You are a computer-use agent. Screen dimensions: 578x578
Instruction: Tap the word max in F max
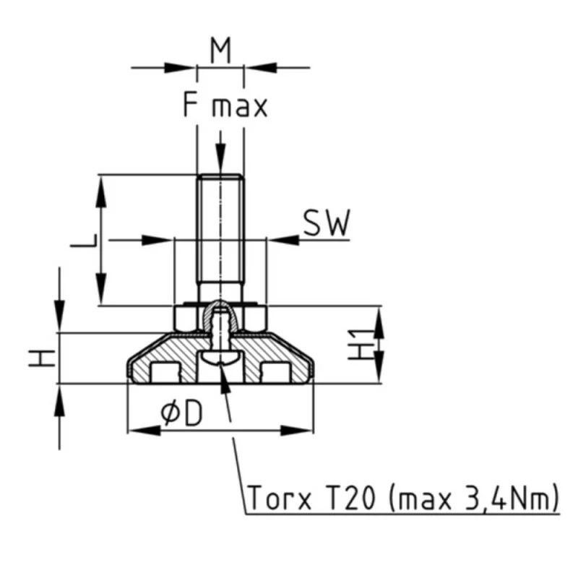(239, 107)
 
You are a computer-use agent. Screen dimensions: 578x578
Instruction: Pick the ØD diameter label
(181, 413)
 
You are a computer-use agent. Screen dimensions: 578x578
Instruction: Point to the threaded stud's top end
(220, 176)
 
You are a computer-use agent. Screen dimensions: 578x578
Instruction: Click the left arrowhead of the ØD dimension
(142, 431)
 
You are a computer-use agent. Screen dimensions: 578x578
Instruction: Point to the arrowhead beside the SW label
(283, 239)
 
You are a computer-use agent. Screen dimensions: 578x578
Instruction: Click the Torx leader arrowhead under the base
(225, 381)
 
